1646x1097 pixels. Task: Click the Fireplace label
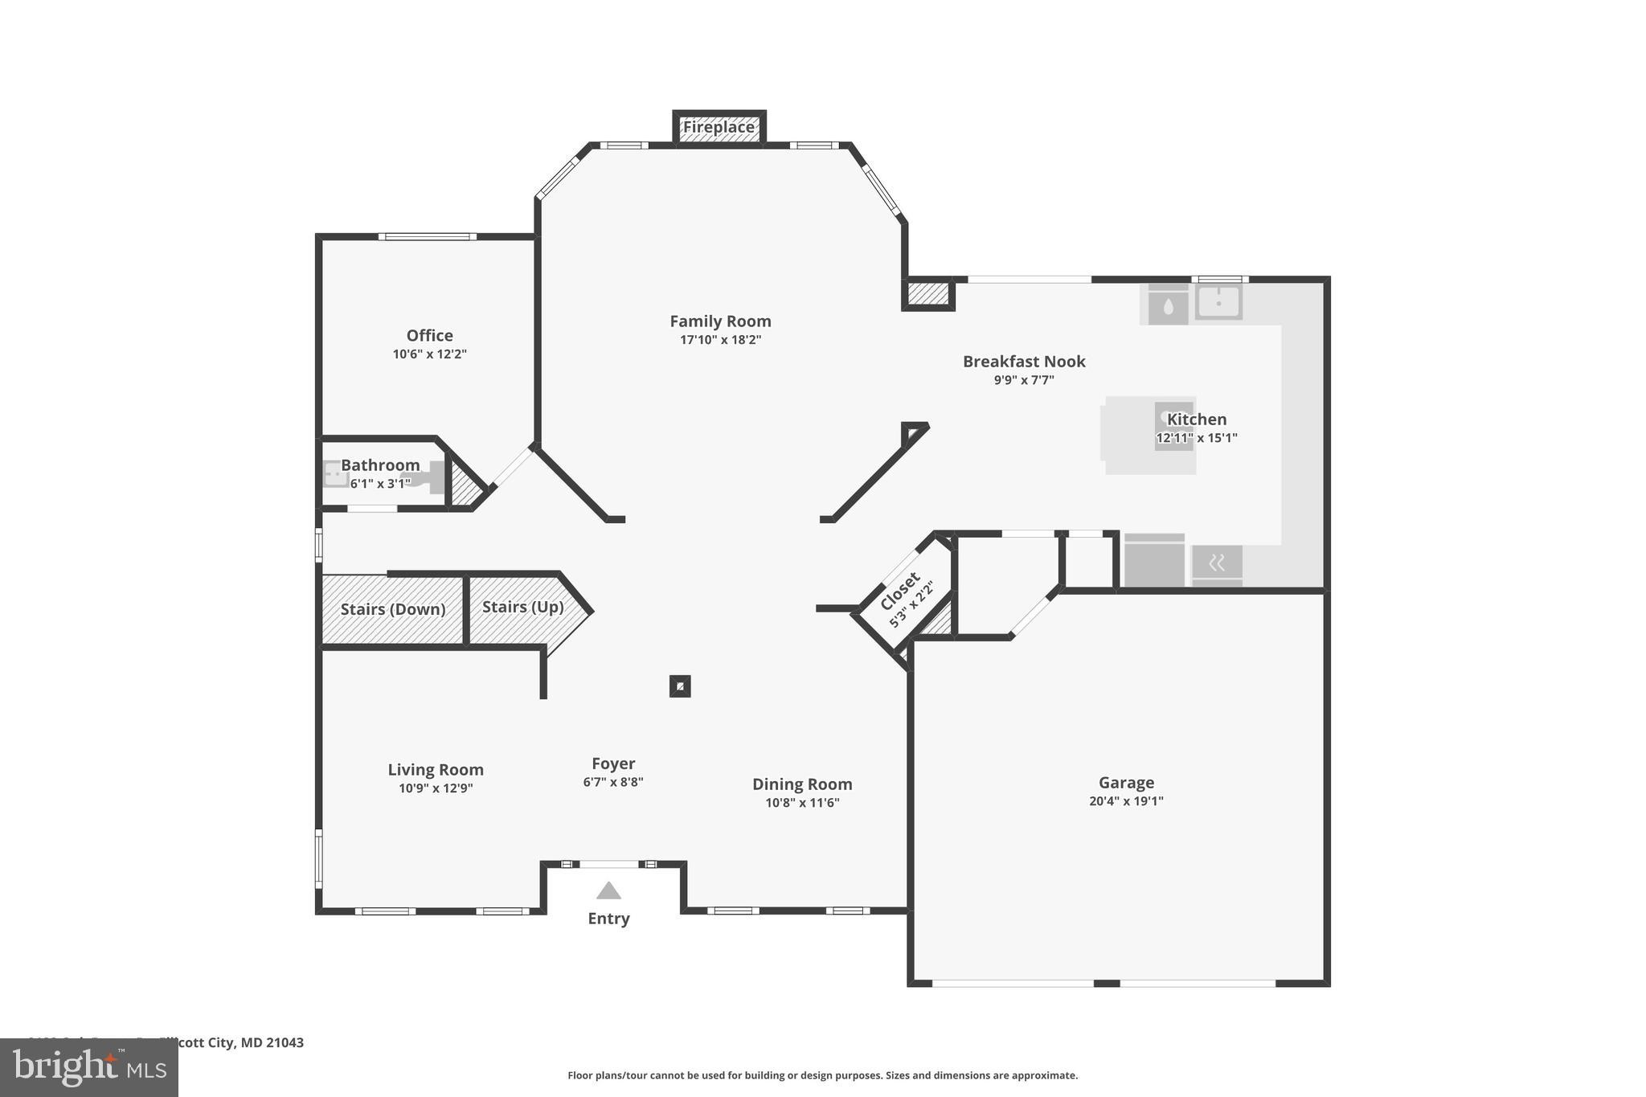719,127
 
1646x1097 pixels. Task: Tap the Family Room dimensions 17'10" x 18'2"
720,340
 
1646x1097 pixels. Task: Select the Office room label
429,335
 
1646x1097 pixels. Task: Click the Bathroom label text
380,465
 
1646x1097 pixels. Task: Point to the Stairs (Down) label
392,609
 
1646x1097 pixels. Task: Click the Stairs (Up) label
522,607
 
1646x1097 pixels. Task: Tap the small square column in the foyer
680,686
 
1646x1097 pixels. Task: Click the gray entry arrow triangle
608,890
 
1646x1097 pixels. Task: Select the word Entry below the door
608,919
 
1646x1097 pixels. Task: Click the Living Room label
436,770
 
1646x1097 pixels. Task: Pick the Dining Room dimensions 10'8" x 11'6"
802,802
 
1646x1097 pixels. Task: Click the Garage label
1126,782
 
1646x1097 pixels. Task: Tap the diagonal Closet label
899,591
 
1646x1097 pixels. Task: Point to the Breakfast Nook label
1024,362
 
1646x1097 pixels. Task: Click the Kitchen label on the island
1197,419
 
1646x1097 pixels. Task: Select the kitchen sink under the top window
1218,303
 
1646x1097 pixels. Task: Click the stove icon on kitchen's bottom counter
1217,563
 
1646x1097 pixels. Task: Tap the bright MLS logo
89,1068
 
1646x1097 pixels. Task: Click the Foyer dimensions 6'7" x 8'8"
613,782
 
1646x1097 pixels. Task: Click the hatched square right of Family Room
928,293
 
